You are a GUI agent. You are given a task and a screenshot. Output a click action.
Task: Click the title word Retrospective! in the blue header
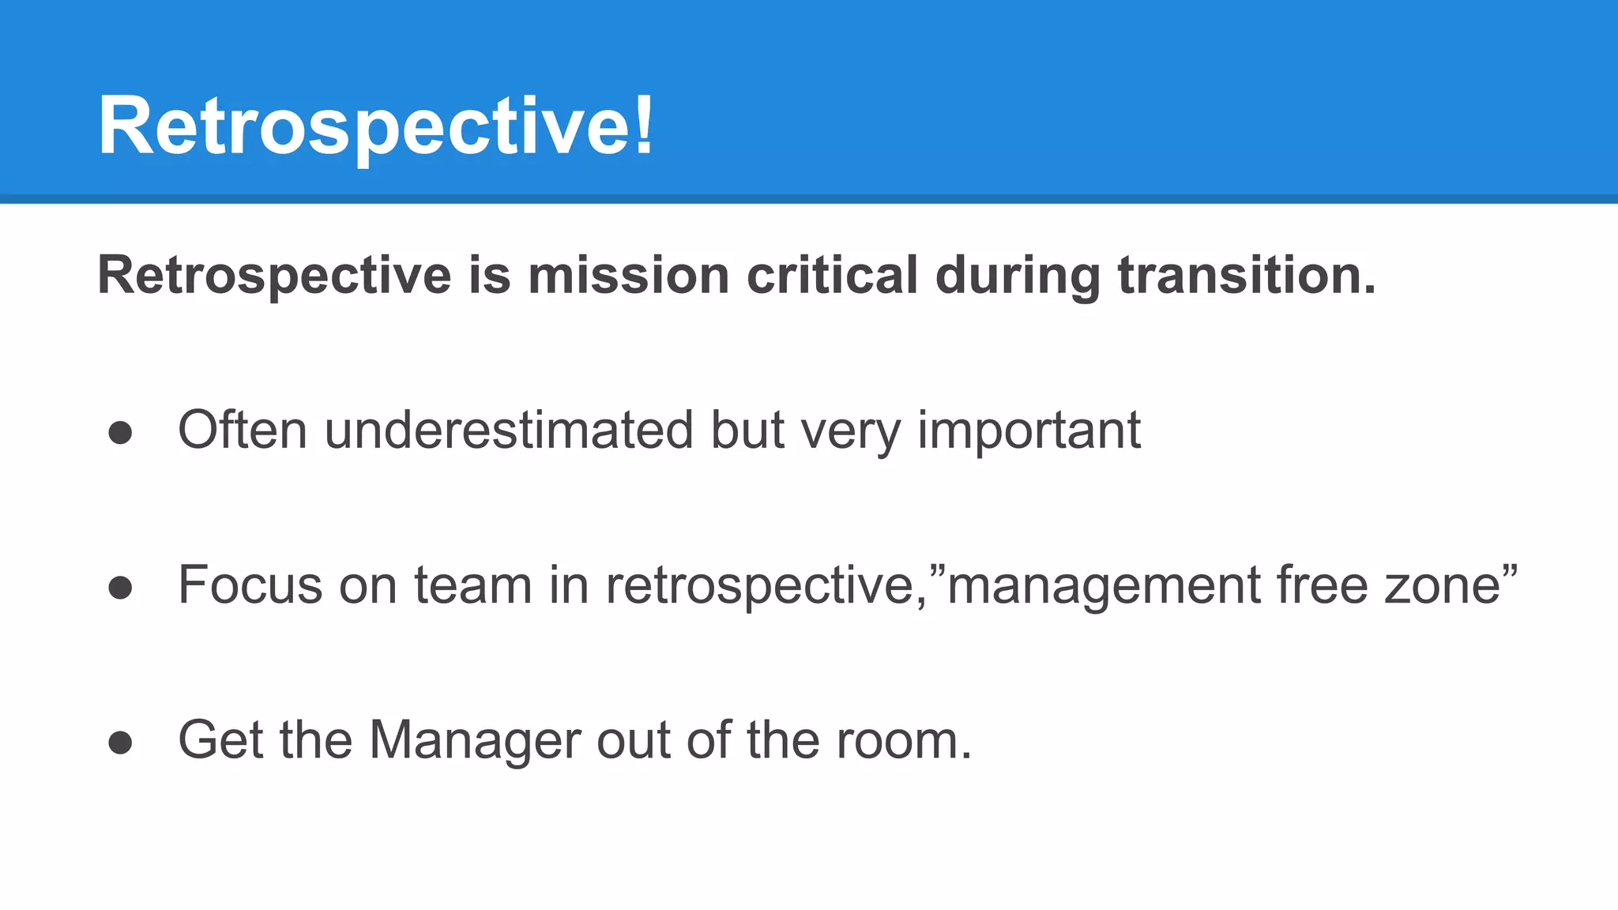(375, 126)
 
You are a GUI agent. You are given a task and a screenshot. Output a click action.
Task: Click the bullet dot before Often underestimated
(120, 432)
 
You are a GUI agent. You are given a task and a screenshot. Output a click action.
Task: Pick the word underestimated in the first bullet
(508, 431)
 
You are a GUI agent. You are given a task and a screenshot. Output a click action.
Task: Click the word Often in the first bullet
(242, 431)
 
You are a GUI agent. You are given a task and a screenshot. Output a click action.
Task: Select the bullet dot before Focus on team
(120, 588)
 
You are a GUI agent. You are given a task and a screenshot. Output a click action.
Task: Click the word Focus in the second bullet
(250, 585)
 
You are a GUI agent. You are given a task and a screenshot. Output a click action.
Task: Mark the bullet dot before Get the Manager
(120, 743)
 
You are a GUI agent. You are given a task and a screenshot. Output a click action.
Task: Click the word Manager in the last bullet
(473, 741)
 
